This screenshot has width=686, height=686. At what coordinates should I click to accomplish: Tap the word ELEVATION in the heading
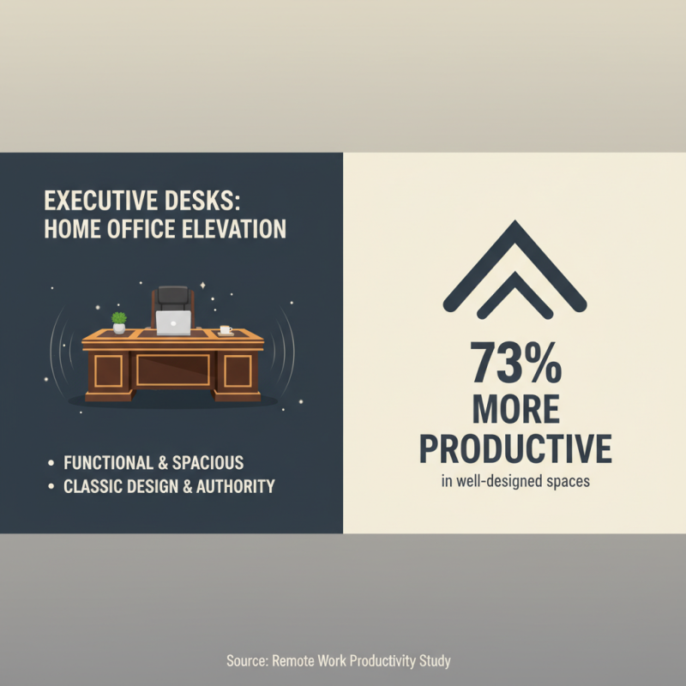point(234,230)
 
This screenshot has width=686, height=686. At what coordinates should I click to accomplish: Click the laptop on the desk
point(173,322)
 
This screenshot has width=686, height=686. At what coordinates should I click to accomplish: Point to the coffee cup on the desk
point(225,330)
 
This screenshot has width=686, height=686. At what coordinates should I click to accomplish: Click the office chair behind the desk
point(173,300)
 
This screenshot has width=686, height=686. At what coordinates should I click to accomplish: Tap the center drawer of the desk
point(173,370)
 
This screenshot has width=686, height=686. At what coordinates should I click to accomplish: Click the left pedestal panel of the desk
point(109,371)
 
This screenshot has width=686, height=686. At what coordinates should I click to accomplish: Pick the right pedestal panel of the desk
point(238,371)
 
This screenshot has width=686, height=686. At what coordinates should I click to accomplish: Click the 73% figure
point(514,363)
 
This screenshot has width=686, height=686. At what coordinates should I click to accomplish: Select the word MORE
point(514,409)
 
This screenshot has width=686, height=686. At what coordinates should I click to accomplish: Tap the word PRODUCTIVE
point(514,448)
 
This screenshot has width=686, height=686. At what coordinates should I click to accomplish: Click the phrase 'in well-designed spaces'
point(514,481)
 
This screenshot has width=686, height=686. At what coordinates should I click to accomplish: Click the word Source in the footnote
point(247,660)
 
